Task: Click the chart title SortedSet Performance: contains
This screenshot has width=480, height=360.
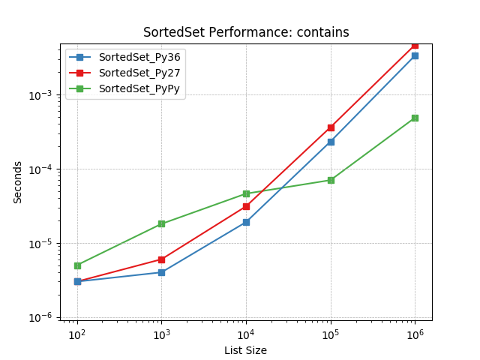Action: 246,32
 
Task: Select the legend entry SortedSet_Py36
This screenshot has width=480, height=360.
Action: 139,57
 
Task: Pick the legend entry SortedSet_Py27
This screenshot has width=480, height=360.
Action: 139,73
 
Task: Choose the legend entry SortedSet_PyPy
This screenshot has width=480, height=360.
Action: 139,88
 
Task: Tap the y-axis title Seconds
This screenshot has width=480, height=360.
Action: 17,182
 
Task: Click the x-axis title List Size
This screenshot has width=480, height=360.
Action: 245,350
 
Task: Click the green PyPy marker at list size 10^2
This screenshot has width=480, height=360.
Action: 77,265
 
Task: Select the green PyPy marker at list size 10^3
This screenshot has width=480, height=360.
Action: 161,224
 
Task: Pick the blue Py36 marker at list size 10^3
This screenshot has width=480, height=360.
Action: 161,272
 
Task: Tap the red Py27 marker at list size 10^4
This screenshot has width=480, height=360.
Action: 246,206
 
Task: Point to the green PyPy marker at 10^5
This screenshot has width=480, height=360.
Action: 331,180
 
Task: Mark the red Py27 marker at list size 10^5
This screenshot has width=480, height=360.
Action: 331,127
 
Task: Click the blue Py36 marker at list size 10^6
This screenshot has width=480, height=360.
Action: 415,55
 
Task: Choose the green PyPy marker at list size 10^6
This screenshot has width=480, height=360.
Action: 415,118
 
